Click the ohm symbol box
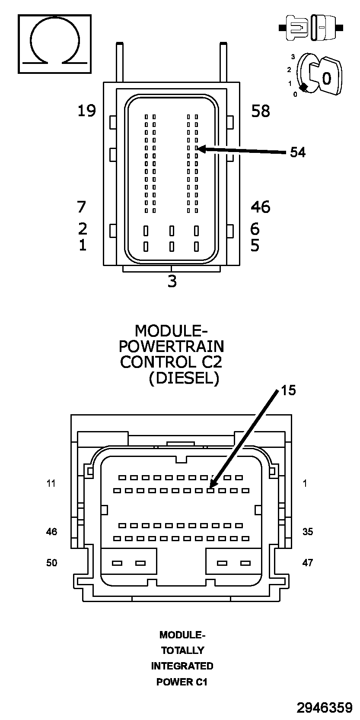point(54,44)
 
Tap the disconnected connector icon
point(311,28)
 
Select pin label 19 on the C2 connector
point(86,111)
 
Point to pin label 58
point(261,111)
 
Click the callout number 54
point(297,152)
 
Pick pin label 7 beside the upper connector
point(82,207)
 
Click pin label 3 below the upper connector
point(172,282)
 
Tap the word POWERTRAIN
point(172,346)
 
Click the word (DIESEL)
point(184,378)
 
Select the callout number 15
point(288,390)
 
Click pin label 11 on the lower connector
point(51,483)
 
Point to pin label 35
point(307,532)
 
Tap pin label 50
point(51,563)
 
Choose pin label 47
point(307,563)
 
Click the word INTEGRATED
point(182,666)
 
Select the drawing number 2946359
point(324,707)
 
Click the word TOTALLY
point(182,650)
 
